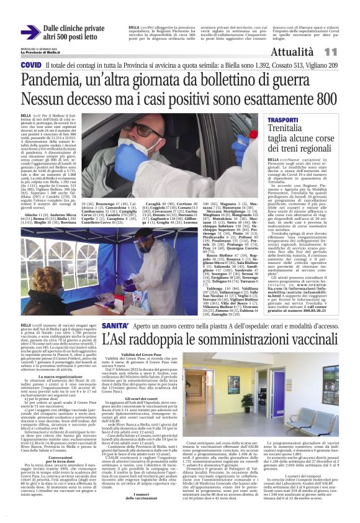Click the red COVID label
pos(31,65)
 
